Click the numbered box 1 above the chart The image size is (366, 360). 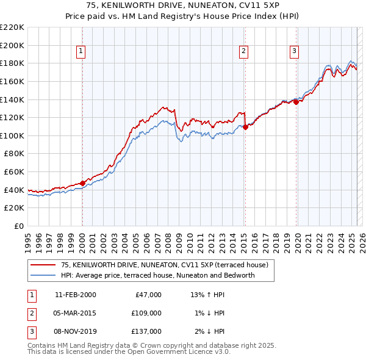coord(81,51)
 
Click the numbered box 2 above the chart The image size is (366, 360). coord(243,51)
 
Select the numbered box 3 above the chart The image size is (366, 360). coord(294,51)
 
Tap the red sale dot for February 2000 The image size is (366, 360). coord(82,183)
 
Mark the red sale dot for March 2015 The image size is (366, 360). coord(245,128)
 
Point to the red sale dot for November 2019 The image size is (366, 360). coord(296,102)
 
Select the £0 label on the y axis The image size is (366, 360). coord(18,226)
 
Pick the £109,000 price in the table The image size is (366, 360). coord(147,313)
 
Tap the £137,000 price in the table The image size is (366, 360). coord(147,331)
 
